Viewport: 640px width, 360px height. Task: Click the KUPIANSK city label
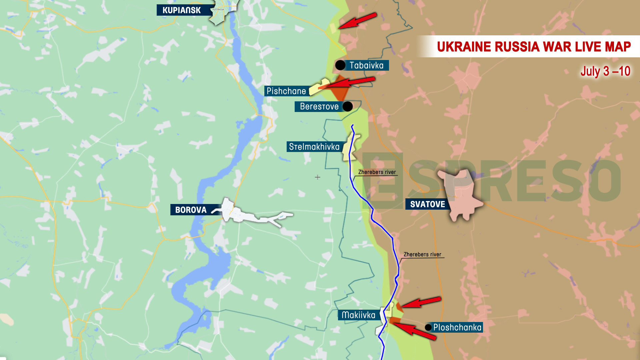[182, 10]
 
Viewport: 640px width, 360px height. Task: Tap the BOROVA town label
[191, 210]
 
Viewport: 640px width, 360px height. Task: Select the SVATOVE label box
[427, 204]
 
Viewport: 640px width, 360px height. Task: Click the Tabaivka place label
[366, 65]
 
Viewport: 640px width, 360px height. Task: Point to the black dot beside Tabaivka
[340, 65]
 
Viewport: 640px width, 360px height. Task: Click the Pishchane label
[286, 91]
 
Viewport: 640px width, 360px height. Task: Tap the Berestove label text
[319, 106]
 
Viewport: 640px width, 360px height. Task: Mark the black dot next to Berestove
[348, 106]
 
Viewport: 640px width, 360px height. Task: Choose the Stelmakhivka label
[314, 147]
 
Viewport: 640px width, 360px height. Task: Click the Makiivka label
[358, 315]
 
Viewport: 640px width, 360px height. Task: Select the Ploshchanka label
[457, 327]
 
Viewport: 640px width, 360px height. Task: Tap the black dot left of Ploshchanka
[428, 327]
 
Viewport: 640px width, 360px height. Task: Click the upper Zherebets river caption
[377, 172]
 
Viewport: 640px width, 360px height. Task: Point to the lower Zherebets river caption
[422, 254]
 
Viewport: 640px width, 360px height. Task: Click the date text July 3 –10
[605, 71]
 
